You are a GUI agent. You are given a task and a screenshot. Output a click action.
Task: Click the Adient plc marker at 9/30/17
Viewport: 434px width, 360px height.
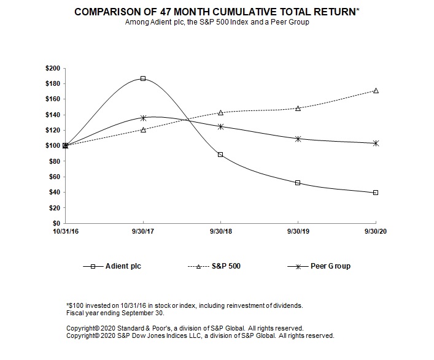[x=143, y=79]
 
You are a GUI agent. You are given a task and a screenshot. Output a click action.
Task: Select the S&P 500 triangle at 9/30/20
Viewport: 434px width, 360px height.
[x=376, y=91]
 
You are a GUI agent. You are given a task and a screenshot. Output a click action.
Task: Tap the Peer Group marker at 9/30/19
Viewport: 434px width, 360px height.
[x=298, y=139]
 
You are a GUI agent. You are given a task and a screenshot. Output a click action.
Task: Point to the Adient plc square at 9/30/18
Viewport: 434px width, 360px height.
[x=220, y=155]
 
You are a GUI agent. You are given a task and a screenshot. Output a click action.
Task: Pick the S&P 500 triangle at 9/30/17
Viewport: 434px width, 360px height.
[x=143, y=129]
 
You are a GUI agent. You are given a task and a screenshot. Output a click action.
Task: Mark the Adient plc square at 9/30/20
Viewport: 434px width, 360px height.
[x=376, y=193]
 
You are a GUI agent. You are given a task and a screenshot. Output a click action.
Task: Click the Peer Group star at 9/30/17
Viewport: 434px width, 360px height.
[x=143, y=118]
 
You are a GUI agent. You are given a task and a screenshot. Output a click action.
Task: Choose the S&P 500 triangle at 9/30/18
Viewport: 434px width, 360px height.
[x=220, y=112]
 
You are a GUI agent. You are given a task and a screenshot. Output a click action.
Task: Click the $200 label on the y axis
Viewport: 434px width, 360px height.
[x=53, y=68]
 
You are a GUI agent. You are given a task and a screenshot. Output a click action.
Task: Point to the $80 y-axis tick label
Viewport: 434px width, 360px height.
[x=55, y=161]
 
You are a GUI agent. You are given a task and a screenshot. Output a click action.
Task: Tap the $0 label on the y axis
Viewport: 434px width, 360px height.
[x=57, y=223]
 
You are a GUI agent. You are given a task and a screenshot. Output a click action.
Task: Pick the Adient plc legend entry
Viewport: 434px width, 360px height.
[x=125, y=266]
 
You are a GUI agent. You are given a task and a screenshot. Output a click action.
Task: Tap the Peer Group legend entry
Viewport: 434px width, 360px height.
[x=331, y=266]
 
